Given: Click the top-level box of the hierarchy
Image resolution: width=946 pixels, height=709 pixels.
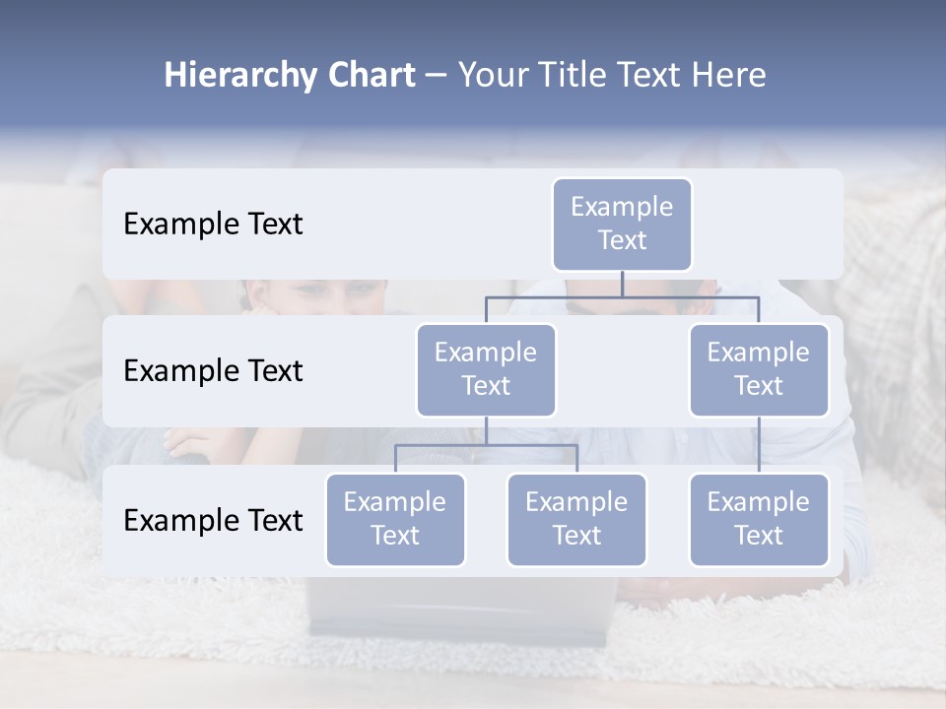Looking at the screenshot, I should click(622, 224).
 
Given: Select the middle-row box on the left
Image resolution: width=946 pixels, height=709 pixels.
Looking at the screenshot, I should click(486, 369).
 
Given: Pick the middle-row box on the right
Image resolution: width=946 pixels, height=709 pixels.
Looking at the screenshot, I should click(759, 369).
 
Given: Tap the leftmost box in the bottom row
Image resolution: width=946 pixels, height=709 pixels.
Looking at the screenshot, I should click(395, 519).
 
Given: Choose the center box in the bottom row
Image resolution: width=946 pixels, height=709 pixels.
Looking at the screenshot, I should click(576, 519).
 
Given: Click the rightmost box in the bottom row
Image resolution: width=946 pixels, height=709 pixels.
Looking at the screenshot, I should click(759, 519).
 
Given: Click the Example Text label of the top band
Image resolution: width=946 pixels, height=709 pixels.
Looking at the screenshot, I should click(213, 225).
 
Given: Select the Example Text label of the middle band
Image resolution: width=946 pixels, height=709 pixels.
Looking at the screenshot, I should click(213, 371).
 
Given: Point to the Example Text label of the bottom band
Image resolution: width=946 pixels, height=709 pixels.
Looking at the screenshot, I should click(213, 521).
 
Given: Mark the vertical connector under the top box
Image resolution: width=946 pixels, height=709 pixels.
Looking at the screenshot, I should click(622, 284).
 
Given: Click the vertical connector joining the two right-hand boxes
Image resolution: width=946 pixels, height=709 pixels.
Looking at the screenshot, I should click(759, 444).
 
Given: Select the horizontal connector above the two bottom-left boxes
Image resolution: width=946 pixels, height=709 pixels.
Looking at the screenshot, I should click(486, 445).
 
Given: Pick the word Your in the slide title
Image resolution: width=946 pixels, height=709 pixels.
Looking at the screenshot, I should click(491, 76).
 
